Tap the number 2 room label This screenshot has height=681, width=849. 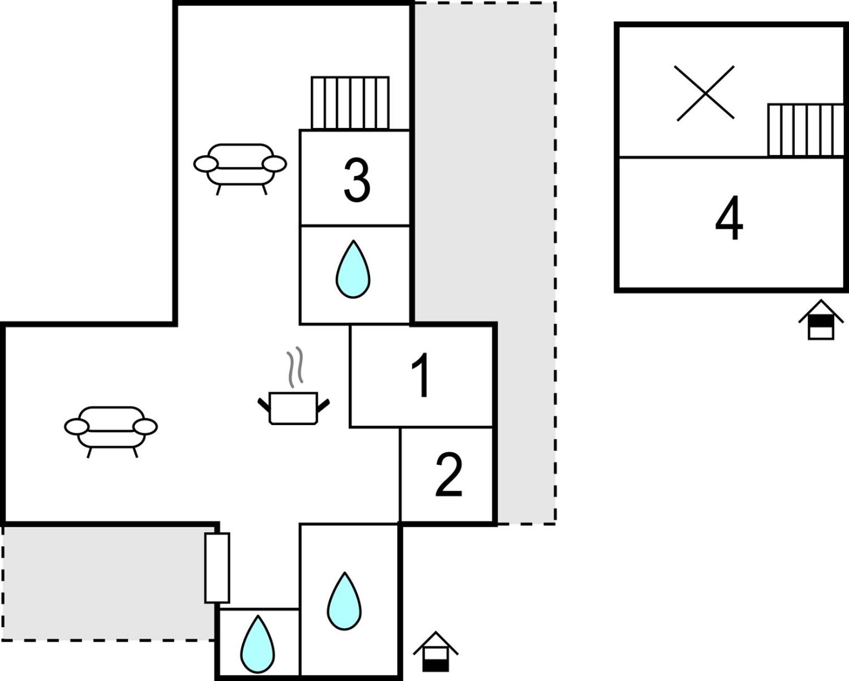point(449,475)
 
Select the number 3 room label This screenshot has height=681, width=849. point(357,180)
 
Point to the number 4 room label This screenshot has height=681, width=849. point(729,217)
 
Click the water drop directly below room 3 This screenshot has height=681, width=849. point(353,269)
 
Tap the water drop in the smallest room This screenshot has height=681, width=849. point(257,644)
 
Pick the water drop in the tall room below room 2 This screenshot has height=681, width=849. point(345,601)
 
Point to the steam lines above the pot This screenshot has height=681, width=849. point(294,367)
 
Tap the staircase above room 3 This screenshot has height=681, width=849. point(350,103)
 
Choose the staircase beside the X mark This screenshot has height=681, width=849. point(806,130)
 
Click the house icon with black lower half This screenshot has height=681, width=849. point(435,652)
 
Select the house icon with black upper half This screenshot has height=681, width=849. point(821,320)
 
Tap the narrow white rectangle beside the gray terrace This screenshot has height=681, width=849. point(217,568)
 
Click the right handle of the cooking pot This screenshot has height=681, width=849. point(324,406)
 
